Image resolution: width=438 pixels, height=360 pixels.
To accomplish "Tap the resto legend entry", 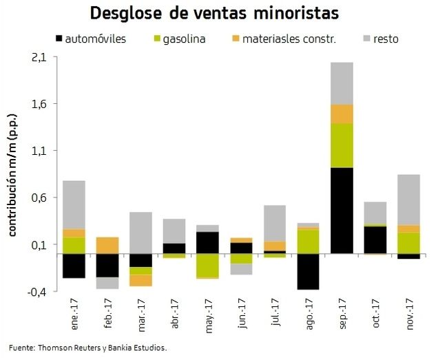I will click(386, 39).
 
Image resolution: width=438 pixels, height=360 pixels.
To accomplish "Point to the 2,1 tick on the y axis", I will click(39, 58).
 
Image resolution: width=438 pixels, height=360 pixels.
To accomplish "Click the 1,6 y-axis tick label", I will click(39, 105).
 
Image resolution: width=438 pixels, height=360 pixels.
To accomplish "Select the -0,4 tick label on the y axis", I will click(37, 292).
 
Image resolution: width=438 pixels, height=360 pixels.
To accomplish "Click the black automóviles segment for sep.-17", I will click(342, 211).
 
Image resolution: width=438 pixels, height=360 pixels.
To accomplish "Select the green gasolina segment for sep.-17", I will click(342, 145).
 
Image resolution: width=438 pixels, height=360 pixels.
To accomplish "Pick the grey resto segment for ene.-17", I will click(74, 204).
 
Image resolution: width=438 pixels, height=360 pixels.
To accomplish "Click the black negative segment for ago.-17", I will click(309, 271).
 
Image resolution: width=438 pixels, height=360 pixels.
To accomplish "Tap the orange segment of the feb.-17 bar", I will click(107, 245).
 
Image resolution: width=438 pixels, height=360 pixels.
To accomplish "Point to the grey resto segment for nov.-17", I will click(409, 200).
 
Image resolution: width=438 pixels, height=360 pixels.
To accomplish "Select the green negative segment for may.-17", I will click(208, 265).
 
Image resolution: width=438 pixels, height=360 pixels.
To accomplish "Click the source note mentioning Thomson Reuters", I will click(88, 348).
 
